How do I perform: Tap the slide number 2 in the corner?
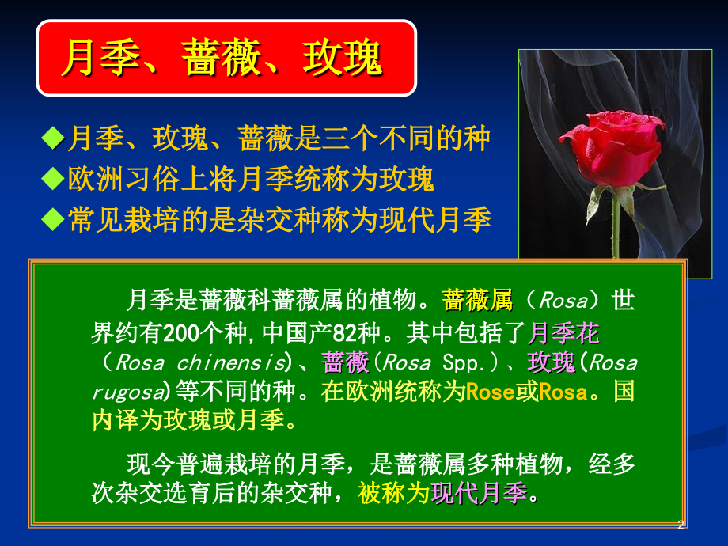(681, 525)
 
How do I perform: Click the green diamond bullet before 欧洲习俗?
(53, 179)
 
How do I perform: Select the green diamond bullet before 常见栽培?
(53, 219)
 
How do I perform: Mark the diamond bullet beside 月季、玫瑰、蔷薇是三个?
(53, 138)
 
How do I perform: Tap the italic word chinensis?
(231, 362)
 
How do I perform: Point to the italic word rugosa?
(128, 392)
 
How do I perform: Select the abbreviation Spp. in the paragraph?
(464, 363)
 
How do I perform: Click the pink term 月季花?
(563, 333)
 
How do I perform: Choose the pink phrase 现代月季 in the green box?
(479, 493)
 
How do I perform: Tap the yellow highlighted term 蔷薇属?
(477, 300)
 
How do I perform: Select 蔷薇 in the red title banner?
(221, 58)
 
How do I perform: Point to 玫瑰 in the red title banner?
(342, 58)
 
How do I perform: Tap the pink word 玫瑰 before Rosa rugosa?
(551, 362)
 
